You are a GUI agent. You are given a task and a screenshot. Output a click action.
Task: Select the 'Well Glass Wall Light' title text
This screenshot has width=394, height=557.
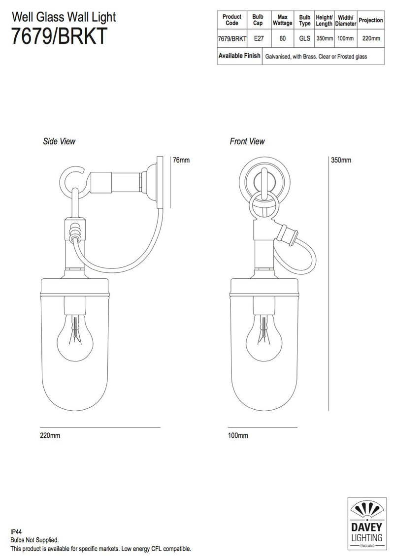tap(64, 17)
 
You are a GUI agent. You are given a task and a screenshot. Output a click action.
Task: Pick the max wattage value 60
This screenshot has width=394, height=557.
tap(282, 37)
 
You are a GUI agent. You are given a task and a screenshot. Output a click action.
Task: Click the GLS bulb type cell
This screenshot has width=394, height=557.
tap(304, 37)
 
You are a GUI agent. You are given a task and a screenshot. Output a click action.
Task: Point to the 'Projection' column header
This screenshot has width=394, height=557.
tap(370, 20)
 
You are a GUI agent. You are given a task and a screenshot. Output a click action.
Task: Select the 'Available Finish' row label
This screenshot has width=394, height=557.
tap(239, 56)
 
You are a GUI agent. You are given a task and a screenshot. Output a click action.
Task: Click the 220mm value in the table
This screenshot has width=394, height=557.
tap(370, 37)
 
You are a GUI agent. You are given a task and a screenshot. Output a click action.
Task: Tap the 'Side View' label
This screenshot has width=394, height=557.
tap(60, 141)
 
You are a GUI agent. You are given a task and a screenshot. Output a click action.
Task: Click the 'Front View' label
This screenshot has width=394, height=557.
tap(247, 141)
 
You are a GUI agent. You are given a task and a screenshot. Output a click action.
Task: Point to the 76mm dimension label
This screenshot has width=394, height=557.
tap(181, 160)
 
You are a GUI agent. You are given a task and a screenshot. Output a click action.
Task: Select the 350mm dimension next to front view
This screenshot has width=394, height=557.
tap(340, 160)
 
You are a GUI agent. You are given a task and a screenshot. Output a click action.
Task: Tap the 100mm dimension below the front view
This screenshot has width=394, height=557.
tap(238, 436)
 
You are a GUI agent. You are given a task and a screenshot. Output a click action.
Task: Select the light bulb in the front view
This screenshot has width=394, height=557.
tap(264, 337)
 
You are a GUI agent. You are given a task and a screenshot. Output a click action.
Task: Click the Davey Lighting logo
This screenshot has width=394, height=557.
tap(366, 523)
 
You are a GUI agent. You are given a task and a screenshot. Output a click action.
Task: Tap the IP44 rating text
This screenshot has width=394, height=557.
tap(16, 532)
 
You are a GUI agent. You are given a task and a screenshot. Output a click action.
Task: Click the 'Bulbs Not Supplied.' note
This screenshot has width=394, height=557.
tap(35, 540)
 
